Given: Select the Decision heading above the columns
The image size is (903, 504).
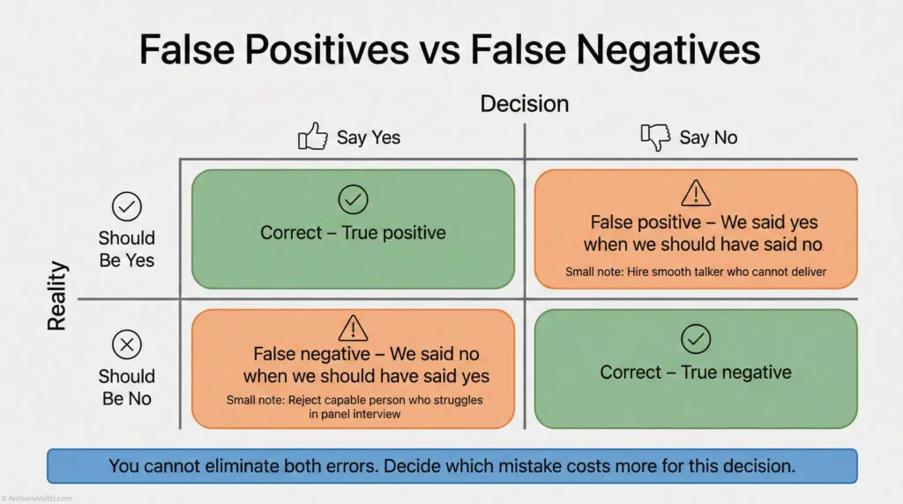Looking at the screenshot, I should (x=524, y=103).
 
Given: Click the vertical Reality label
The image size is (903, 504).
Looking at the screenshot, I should (x=57, y=295).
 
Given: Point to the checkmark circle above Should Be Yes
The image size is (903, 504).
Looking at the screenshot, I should (x=127, y=207).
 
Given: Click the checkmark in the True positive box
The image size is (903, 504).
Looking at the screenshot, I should (x=353, y=201).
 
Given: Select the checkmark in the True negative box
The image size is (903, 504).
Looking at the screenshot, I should (x=696, y=337).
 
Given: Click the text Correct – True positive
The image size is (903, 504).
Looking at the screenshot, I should (x=353, y=233).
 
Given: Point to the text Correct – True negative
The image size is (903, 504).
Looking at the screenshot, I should (x=696, y=372).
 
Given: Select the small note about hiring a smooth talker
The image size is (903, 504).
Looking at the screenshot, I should (x=696, y=272).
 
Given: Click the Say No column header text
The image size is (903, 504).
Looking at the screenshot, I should (x=708, y=137).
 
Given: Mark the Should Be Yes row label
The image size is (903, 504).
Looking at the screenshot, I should (x=127, y=248).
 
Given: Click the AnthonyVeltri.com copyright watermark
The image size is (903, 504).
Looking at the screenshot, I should (x=38, y=498).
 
